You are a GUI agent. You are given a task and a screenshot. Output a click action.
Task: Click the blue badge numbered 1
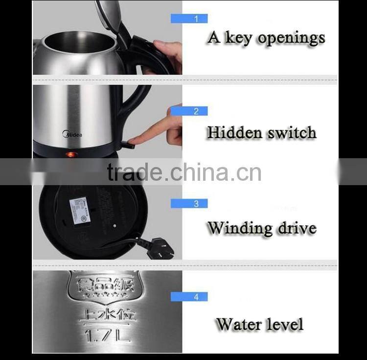tap(189, 19)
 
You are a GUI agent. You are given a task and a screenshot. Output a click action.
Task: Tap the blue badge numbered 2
tap(189, 111)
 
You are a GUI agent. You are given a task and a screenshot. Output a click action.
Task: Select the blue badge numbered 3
tap(189, 203)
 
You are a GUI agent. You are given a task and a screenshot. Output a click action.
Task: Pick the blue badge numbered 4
tap(189, 296)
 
